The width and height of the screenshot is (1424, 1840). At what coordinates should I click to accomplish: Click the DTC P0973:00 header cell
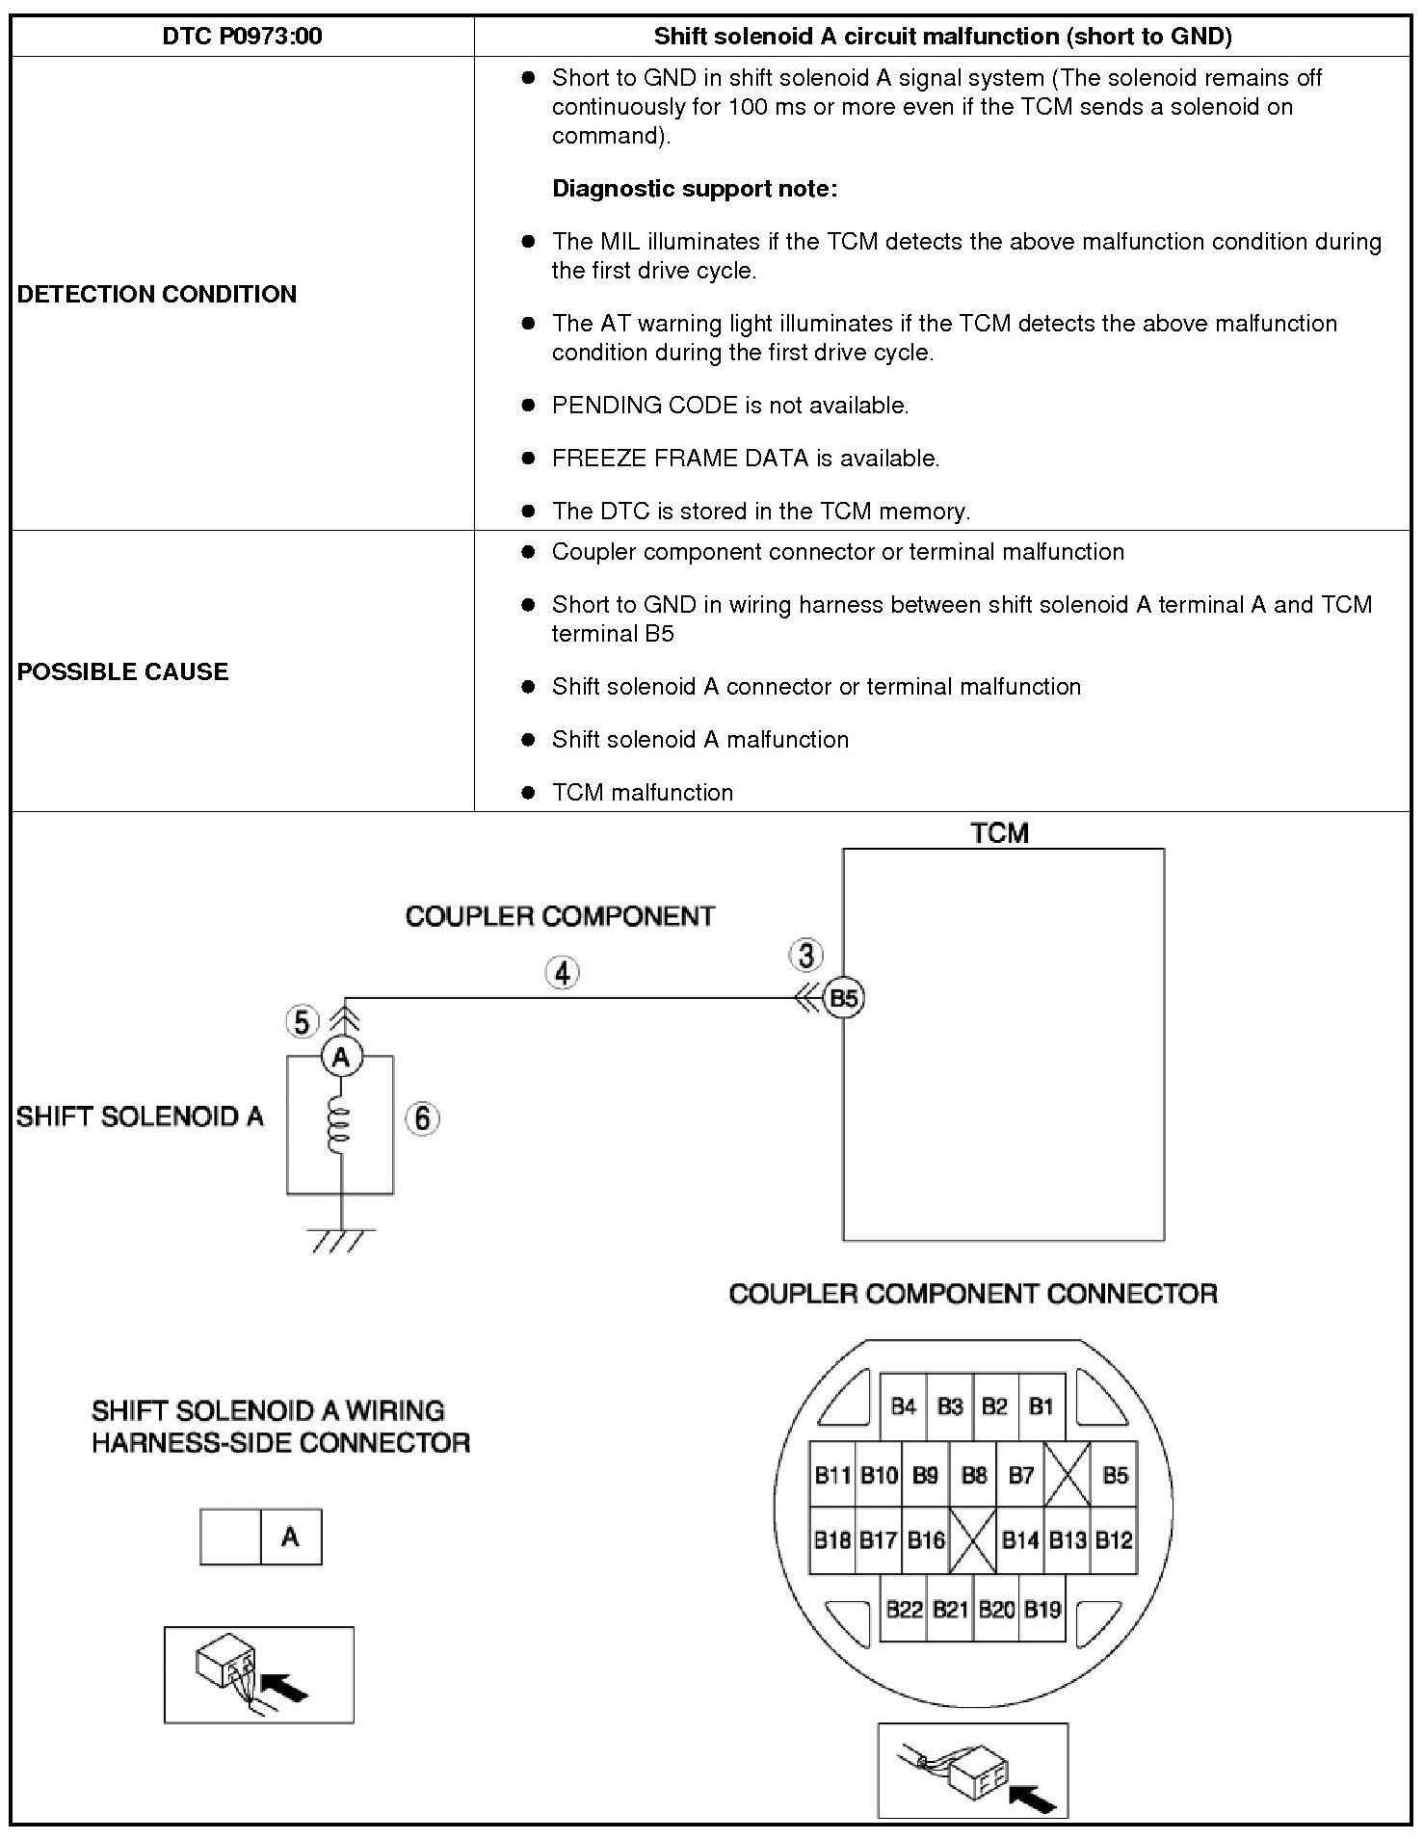(242, 37)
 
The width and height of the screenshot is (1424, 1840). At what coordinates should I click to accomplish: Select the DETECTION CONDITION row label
(157, 294)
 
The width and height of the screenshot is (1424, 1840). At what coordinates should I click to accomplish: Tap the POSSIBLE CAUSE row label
(123, 671)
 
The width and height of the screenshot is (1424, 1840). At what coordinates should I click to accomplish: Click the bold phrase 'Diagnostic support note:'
(695, 189)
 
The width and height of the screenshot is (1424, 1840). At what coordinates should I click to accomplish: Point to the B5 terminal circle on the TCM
(843, 998)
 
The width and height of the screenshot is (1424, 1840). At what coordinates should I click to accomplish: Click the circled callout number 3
(805, 956)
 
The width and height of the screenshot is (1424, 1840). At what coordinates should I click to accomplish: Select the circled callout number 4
(562, 973)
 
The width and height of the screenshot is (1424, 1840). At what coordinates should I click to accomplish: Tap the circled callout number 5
(302, 1022)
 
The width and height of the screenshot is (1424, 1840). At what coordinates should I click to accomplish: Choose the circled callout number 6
(421, 1118)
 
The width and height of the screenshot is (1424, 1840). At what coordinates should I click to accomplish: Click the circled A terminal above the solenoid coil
(340, 1058)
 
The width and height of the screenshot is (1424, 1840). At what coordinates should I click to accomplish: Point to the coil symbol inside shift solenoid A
(339, 1126)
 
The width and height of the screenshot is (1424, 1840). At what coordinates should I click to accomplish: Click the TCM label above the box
(999, 833)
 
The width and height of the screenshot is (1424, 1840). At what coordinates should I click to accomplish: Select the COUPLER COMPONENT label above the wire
(560, 916)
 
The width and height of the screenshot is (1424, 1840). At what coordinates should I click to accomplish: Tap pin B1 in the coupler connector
(1041, 1407)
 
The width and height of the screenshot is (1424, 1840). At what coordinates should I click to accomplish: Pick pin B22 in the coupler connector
(904, 1609)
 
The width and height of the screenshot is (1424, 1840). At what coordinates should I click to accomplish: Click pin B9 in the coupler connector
(925, 1475)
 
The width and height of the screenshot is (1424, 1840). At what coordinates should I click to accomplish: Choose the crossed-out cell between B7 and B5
(1068, 1475)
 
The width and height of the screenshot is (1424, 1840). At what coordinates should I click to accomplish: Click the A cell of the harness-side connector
(290, 1538)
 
